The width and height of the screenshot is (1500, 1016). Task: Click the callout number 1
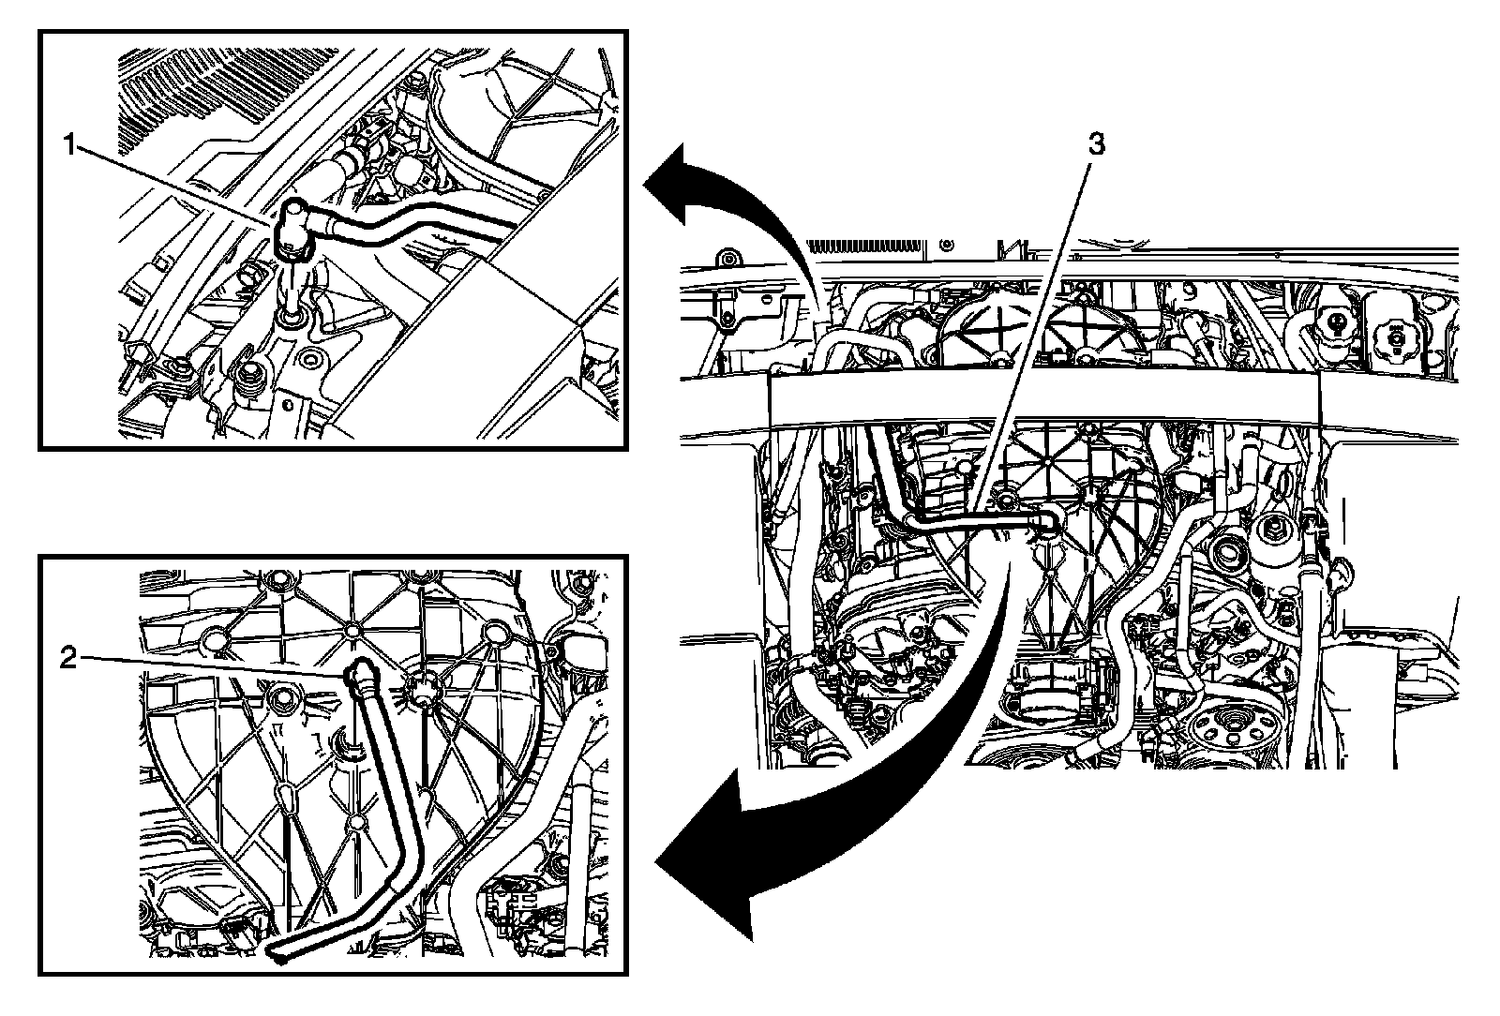point(68,145)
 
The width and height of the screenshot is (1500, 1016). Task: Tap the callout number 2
point(67,659)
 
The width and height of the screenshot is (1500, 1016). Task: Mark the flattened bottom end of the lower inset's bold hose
point(279,950)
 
